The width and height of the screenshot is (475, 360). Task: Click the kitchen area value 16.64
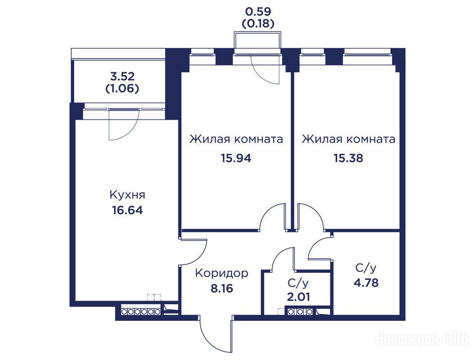pyautogui.click(x=127, y=210)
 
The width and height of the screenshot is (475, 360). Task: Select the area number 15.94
pyautogui.click(x=236, y=158)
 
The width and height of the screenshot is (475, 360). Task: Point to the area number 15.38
pyautogui.click(x=348, y=158)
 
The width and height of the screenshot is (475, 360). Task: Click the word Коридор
pyautogui.click(x=222, y=273)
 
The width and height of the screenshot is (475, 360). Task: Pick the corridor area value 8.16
pyautogui.click(x=222, y=288)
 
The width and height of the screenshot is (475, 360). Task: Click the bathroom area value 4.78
pyautogui.click(x=366, y=283)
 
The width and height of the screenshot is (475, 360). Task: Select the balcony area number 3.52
pyautogui.click(x=123, y=76)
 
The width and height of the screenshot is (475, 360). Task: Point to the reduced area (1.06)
pyautogui.click(x=122, y=89)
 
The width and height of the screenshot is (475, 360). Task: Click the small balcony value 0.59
pyautogui.click(x=258, y=12)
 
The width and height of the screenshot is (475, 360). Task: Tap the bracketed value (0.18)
pyautogui.click(x=258, y=23)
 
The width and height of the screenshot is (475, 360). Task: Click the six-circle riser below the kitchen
pyautogui.click(x=141, y=311)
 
